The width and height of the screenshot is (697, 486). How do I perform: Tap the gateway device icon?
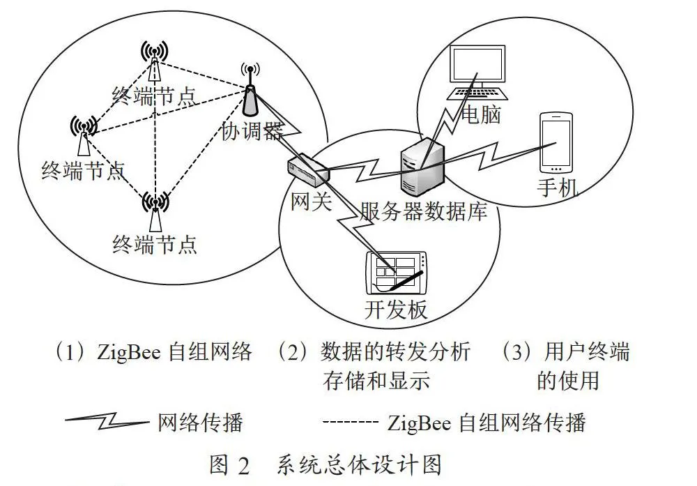point(307,170)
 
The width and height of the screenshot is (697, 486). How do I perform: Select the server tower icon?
point(422,167)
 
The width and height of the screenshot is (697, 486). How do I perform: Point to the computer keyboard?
point(477,94)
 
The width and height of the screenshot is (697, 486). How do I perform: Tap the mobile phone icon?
point(556,143)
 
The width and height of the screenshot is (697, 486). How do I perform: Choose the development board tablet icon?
point(397,273)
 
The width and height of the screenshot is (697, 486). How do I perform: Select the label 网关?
point(311,202)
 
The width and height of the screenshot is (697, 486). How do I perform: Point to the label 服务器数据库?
point(423,211)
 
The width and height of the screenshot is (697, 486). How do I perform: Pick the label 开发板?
point(396,310)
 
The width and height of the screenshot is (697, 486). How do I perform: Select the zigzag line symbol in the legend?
point(107,420)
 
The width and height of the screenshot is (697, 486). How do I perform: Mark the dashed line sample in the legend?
point(350,420)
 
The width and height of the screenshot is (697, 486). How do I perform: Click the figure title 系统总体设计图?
point(359,465)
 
